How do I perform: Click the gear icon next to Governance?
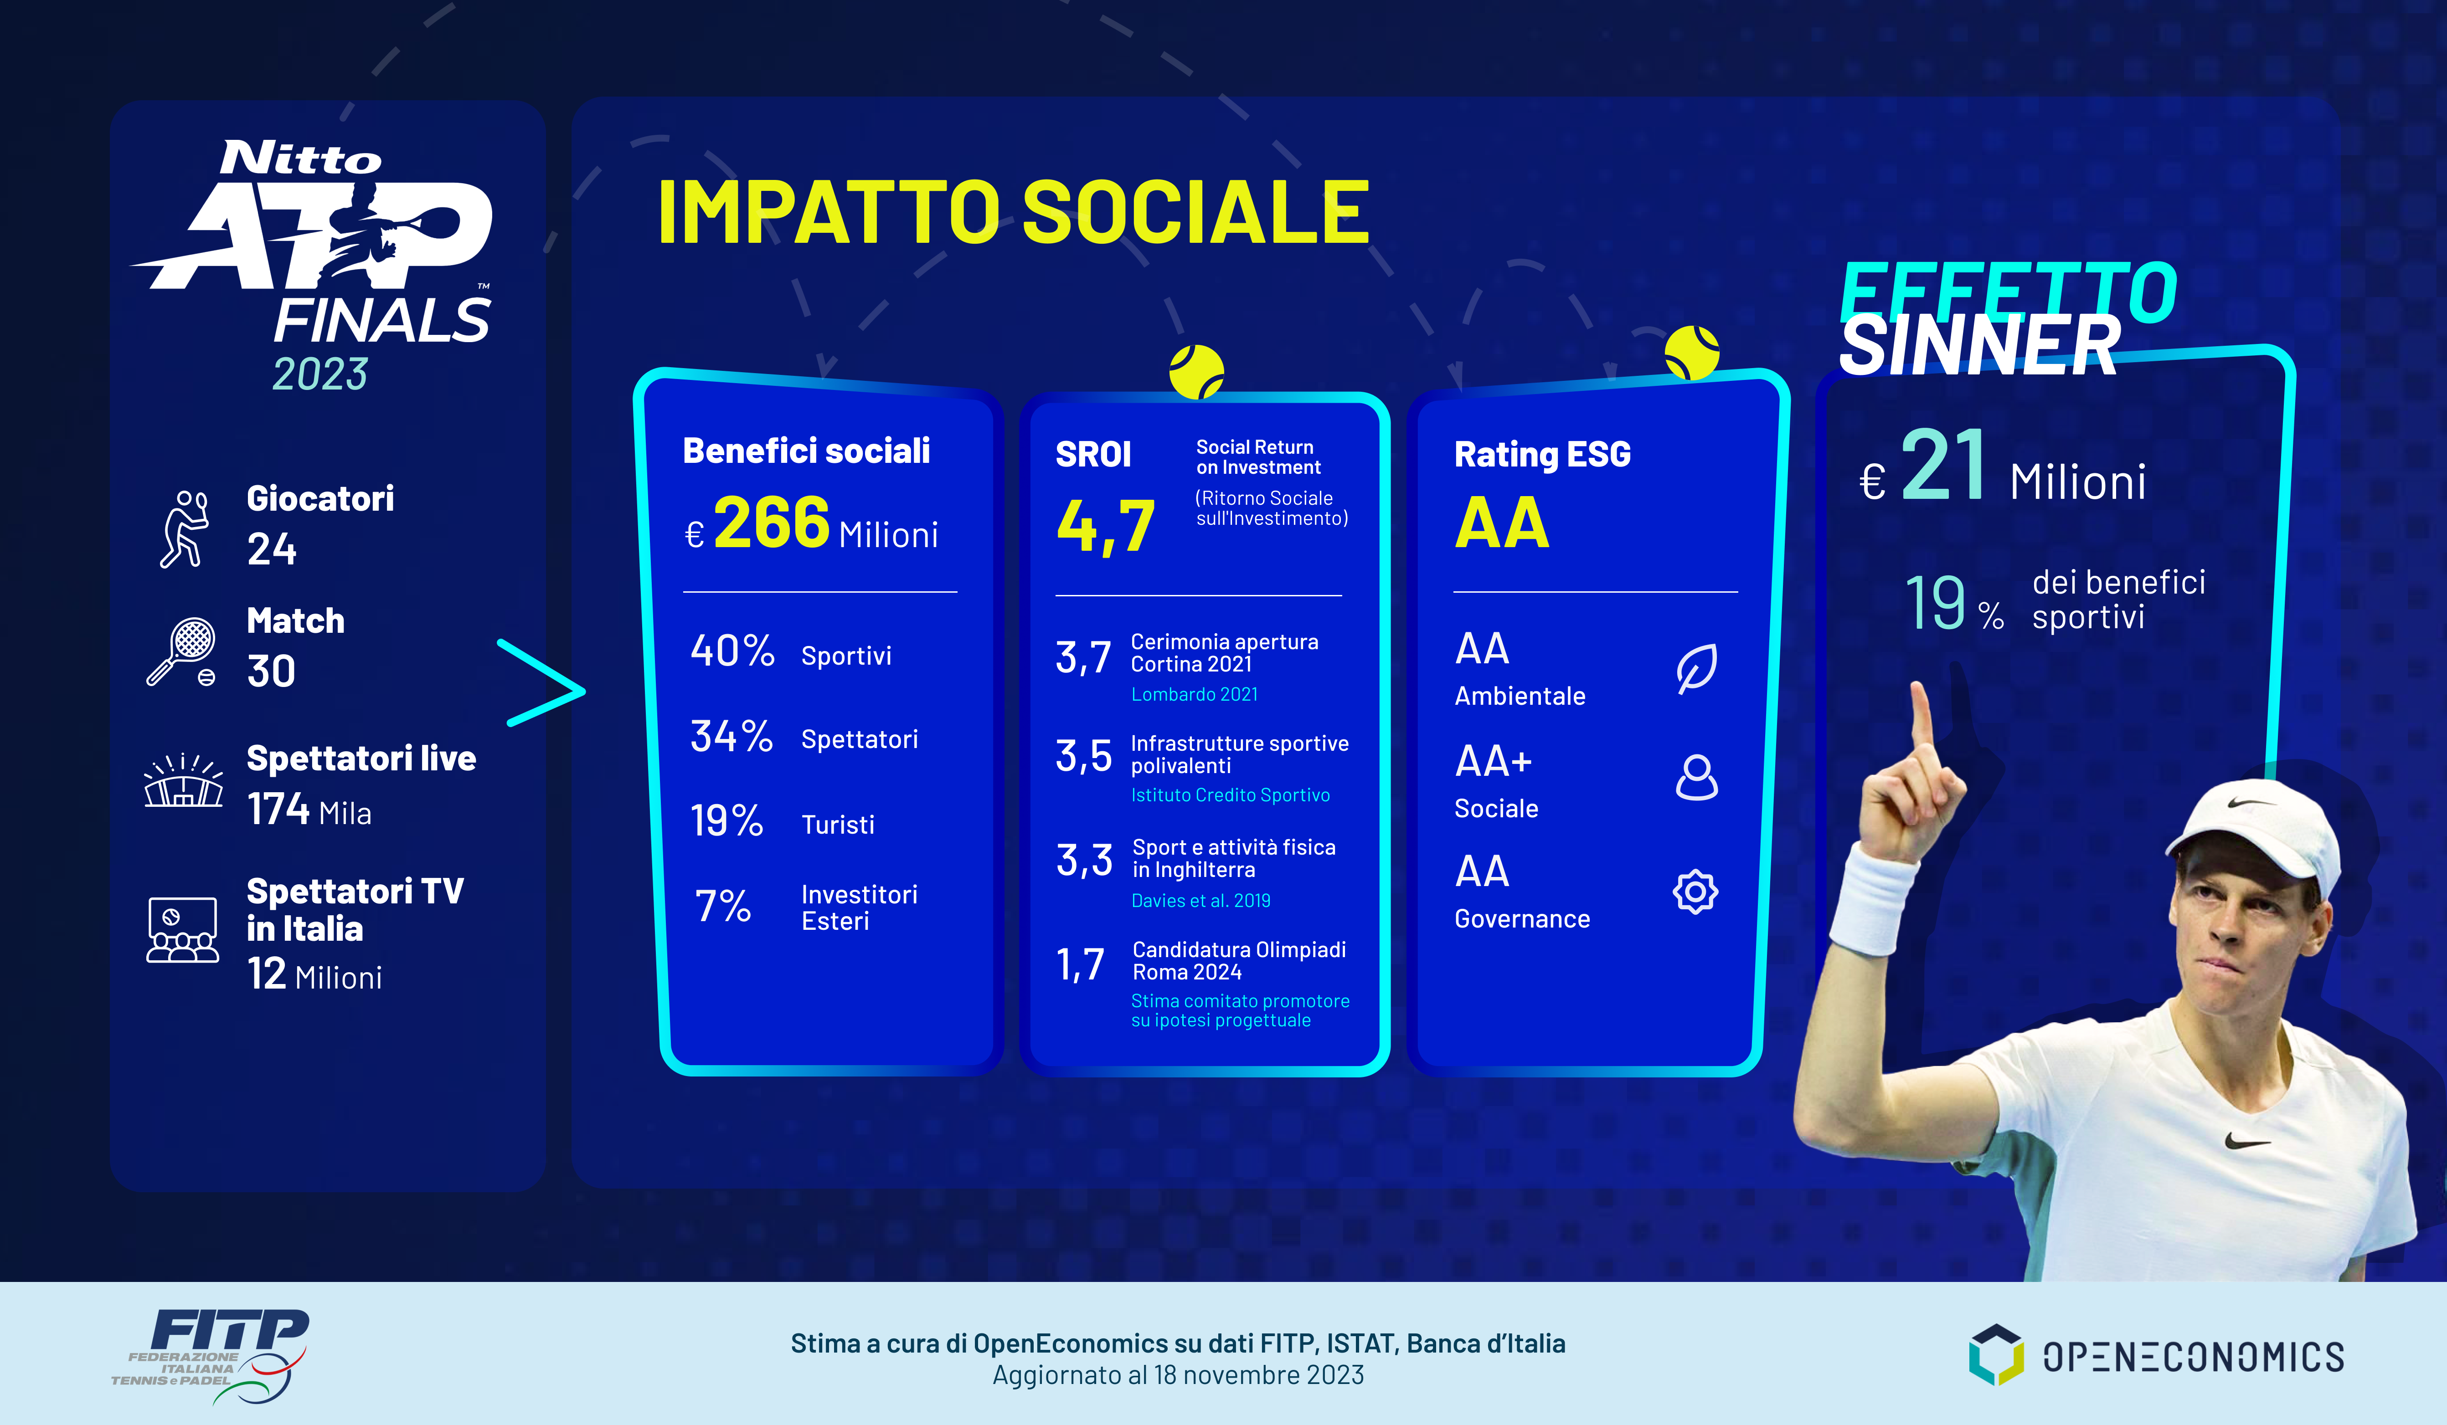(x=1695, y=891)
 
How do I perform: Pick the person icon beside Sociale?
(x=1696, y=778)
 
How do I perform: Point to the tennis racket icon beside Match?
(x=181, y=651)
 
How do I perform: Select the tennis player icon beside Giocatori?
(x=185, y=528)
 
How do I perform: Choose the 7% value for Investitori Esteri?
(x=723, y=906)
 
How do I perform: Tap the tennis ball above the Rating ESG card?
(x=1691, y=352)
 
